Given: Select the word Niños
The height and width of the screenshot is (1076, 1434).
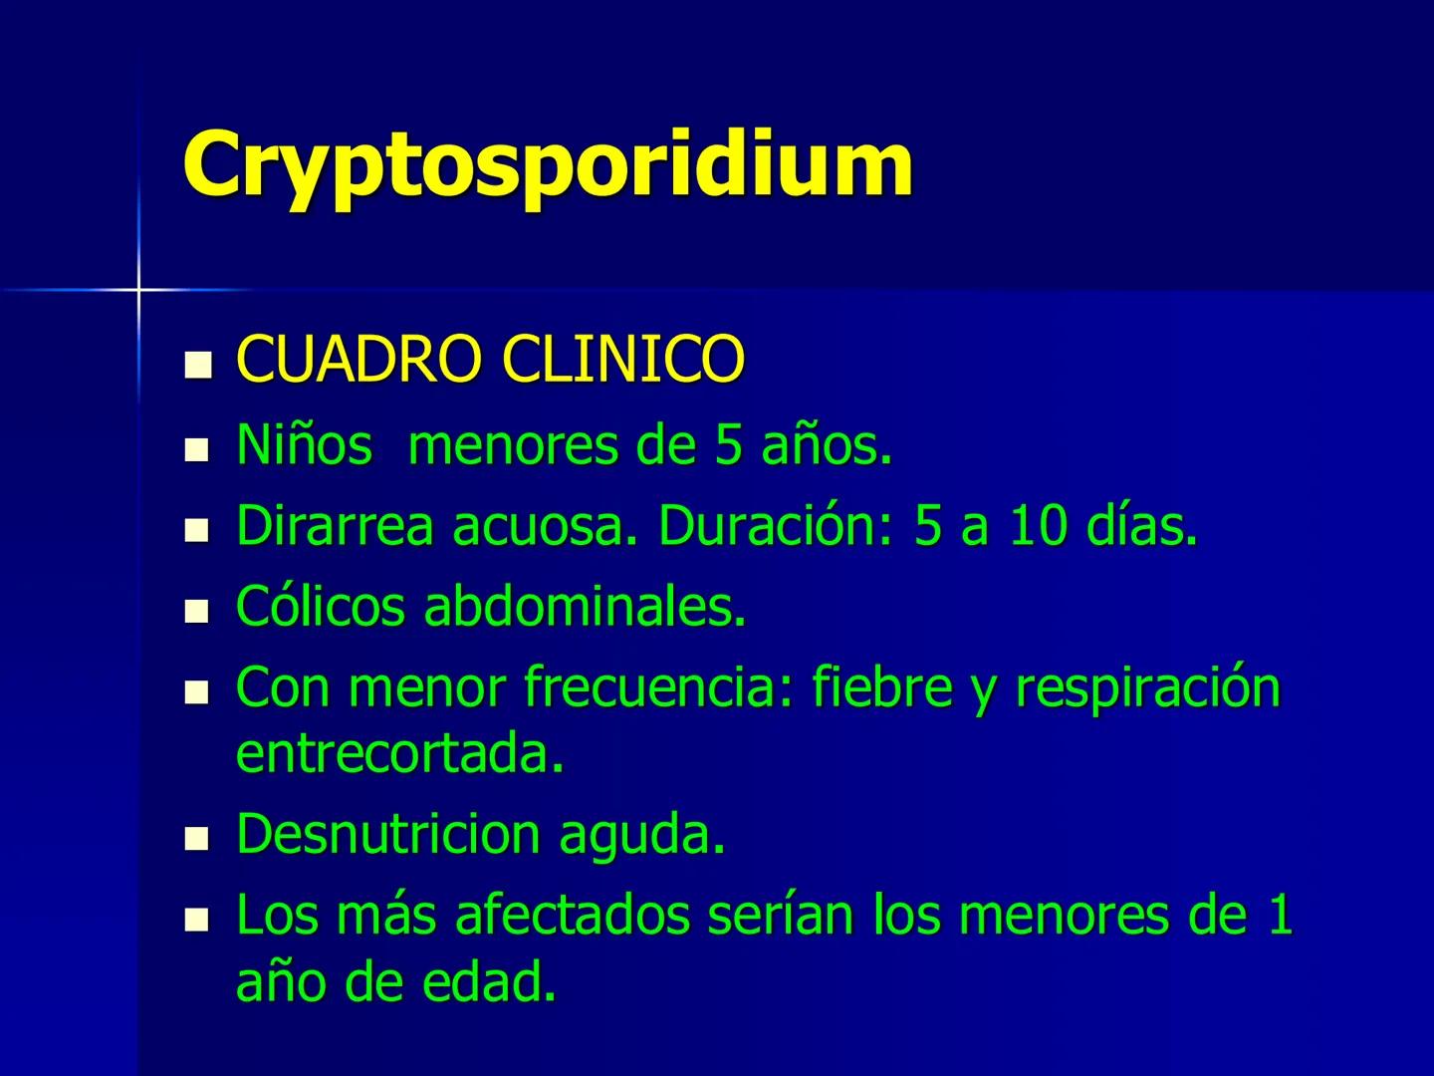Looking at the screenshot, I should click(x=303, y=445).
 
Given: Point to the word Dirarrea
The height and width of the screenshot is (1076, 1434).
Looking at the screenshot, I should click(x=335, y=526).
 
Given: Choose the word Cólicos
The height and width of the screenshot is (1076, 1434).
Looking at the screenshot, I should click(x=321, y=606).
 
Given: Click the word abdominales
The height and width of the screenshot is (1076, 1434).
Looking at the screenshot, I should click(x=586, y=606).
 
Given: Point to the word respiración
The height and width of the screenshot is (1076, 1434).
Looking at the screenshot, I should click(x=1147, y=689).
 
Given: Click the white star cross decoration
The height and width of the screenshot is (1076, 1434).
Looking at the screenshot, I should click(x=138, y=290).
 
